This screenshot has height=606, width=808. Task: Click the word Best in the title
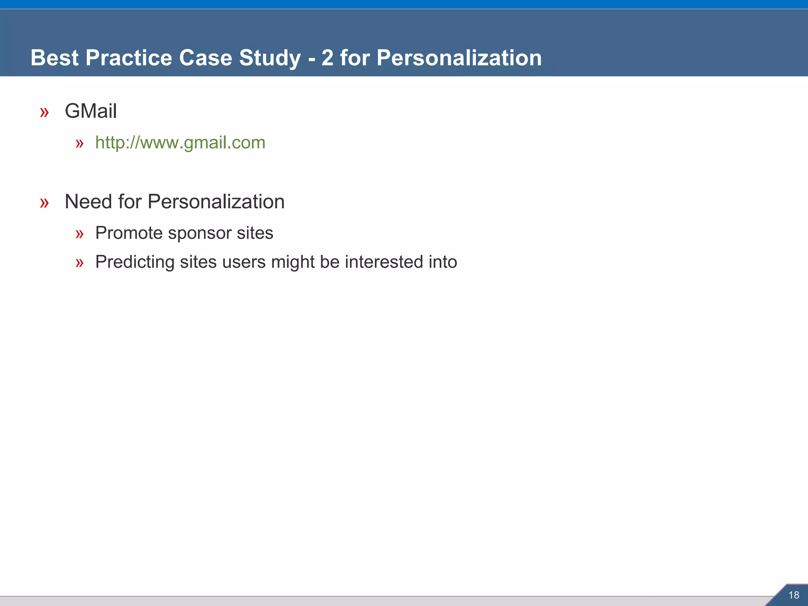[54, 58]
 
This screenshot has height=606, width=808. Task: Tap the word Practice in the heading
[129, 58]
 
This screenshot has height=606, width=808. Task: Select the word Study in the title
[270, 58]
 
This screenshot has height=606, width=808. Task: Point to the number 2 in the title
[327, 58]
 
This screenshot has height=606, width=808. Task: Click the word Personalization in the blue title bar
[459, 58]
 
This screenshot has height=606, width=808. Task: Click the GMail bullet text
[91, 111]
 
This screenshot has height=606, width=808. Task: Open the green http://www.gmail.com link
[180, 142]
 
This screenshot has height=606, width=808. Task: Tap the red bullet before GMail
[44, 112]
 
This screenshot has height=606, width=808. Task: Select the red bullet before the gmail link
[80, 144]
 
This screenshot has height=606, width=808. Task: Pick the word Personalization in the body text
[216, 202]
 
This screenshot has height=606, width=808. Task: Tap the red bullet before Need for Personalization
[44, 203]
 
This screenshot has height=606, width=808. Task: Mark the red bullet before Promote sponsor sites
[80, 234]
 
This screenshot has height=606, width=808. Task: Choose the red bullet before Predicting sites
[80, 263]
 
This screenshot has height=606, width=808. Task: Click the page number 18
[793, 595]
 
